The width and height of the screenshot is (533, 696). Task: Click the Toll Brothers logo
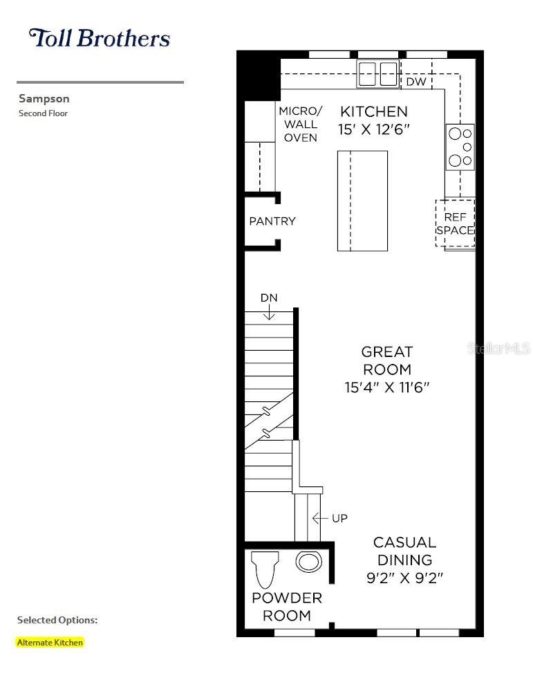[100, 38]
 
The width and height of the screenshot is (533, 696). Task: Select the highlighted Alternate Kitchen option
[50, 642]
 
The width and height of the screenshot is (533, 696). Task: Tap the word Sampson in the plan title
[44, 98]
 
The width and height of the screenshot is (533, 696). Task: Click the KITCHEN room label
[373, 111]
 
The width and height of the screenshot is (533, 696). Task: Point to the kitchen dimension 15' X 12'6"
[373, 129]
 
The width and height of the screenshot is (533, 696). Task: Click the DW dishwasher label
[416, 82]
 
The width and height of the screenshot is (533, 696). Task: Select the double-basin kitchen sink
[377, 74]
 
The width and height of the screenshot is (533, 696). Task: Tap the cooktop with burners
[460, 147]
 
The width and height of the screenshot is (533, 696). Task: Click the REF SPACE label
[456, 223]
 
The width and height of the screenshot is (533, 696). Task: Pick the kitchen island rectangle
[362, 201]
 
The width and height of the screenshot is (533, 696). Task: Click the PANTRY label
[272, 221]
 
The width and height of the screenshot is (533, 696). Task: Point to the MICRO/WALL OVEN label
[301, 125]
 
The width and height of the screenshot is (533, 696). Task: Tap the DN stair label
[269, 298]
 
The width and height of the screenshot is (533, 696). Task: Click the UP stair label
[339, 518]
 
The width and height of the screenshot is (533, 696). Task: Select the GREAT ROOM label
[387, 360]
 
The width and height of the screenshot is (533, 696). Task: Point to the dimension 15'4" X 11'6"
[387, 387]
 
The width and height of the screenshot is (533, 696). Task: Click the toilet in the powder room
[265, 569]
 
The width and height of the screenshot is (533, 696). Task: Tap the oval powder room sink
[308, 562]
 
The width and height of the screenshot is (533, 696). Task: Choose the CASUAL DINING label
[405, 551]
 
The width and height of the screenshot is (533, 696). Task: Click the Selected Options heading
[57, 620]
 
